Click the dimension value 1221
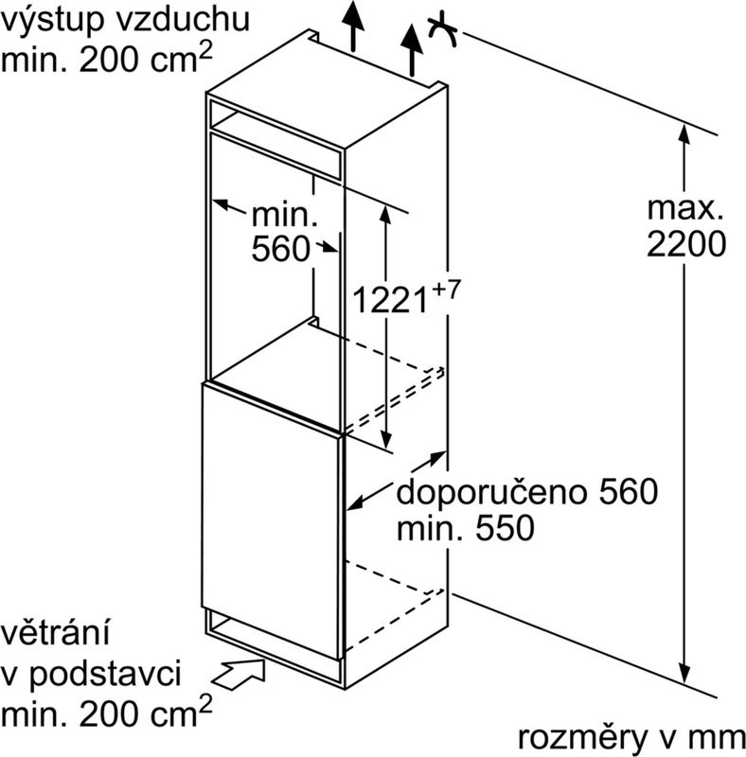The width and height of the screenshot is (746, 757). (390, 299)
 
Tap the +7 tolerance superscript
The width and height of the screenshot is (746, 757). (445, 290)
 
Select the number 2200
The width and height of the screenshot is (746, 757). (686, 244)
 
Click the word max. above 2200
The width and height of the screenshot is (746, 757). (684, 208)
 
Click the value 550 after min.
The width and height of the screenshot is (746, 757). (506, 528)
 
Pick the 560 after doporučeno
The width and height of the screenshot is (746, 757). (629, 491)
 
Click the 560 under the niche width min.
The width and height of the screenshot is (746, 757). (281, 249)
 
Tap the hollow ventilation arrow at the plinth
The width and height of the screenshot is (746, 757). (239, 672)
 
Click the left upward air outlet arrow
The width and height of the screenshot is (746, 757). (354, 26)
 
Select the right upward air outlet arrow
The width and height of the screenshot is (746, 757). (412, 50)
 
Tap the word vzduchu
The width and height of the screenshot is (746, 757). (184, 19)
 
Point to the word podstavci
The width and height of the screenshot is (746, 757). (105, 674)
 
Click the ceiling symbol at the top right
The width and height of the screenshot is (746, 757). (442, 32)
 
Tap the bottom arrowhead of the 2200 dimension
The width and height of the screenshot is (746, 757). (684, 672)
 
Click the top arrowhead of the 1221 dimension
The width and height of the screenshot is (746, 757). (385, 214)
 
